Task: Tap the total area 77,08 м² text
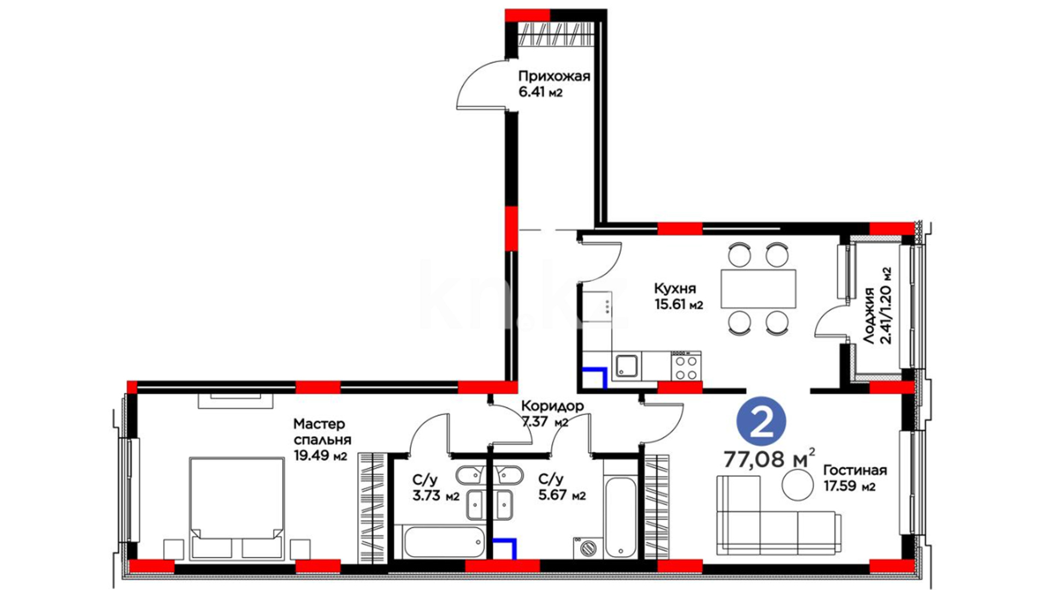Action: pyautogui.click(x=769, y=458)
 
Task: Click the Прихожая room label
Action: pyautogui.click(x=554, y=76)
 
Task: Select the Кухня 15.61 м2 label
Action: pyautogui.click(x=679, y=296)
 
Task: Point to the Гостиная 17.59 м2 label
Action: pyautogui.click(x=855, y=477)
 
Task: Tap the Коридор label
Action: pyautogui.click(x=552, y=406)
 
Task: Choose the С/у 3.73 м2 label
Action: pyautogui.click(x=435, y=488)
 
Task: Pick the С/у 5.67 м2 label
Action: pyautogui.click(x=562, y=487)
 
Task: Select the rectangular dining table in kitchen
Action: pyautogui.click(x=758, y=288)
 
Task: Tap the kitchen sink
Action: pyautogui.click(x=626, y=365)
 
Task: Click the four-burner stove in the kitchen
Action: pyautogui.click(x=686, y=365)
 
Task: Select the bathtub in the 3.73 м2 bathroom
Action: pyautogui.click(x=444, y=542)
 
